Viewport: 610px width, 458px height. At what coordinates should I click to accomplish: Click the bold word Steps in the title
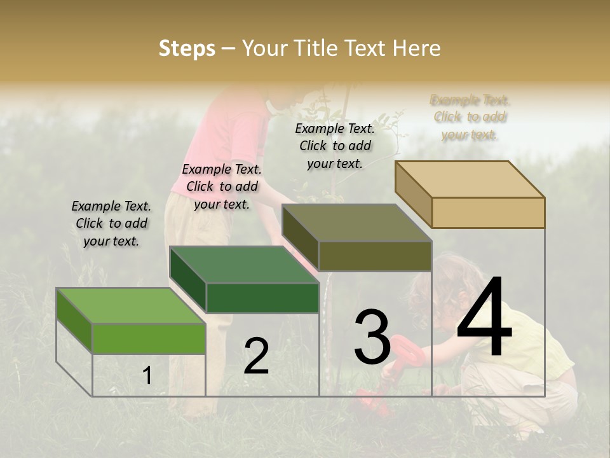click(x=187, y=48)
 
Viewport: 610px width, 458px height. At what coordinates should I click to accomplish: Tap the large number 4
click(x=484, y=317)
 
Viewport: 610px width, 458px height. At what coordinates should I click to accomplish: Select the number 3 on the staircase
click(x=372, y=337)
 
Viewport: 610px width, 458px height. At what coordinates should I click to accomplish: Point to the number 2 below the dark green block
click(x=256, y=356)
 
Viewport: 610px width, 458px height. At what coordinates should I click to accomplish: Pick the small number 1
click(x=147, y=376)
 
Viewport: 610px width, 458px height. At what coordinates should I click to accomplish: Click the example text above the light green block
click(x=111, y=223)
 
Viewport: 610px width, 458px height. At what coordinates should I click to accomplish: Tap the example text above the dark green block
click(x=222, y=186)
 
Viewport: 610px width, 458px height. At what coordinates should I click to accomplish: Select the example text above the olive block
click(x=335, y=146)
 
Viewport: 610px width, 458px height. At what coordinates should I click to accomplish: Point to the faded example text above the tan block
click(x=470, y=117)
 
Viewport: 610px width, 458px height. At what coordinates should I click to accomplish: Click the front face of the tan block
click(x=488, y=212)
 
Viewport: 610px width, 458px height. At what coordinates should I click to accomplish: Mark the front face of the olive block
click(x=375, y=256)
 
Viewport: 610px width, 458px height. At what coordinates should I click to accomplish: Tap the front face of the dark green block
click(x=262, y=298)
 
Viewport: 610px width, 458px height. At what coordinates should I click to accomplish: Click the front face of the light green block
click(x=149, y=338)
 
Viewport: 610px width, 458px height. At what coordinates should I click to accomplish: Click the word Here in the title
click(x=417, y=48)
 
